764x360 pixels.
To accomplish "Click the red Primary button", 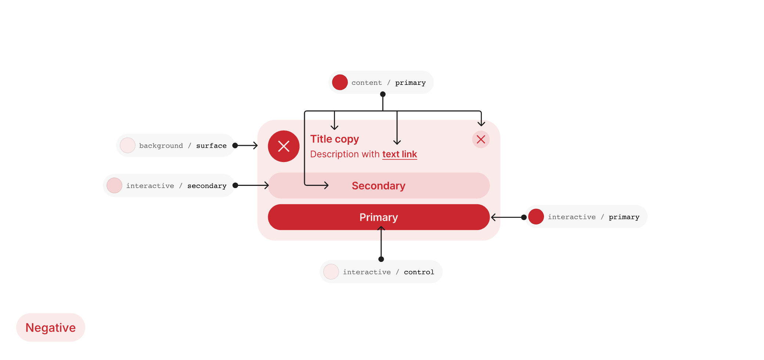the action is pyautogui.click(x=379, y=217).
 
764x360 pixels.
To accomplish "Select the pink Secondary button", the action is pyautogui.click(x=379, y=186).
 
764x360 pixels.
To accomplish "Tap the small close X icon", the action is pyautogui.click(x=481, y=139).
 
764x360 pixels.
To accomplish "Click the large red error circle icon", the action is pyautogui.click(x=284, y=146).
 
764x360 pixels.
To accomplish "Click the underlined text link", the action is pyautogui.click(x=400, y=154).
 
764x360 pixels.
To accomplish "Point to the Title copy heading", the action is pyautogui.click(x=335, y=139).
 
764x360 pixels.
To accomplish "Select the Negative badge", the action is pyautogui.click(x=51, y=327).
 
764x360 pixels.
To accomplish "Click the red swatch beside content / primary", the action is pyautogui.click(x=340, y=82).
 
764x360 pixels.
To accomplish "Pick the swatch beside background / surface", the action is pyautogui.click(x=127, y=145).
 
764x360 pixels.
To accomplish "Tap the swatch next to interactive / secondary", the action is pyautogui.click(x=114, y=186).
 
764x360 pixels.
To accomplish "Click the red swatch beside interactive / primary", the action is pyautogui.click(x=536, y=217).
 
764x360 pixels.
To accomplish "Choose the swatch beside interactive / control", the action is pyautogui.click(x=331, y=272).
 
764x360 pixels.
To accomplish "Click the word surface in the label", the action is pyautogui.click(x=211, y=146).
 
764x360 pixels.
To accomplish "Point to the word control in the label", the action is pyautogui.click(x=419, y=272).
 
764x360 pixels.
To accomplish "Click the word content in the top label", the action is pyautogui.click(x=367, y=83).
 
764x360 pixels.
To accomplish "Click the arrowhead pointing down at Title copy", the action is pyautogui.click(x=334, y=127).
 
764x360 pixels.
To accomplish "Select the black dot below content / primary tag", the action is pyautogui.click(x=383, y=94).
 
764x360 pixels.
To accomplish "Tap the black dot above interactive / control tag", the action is pyautogui.click(x=381, y=259).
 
